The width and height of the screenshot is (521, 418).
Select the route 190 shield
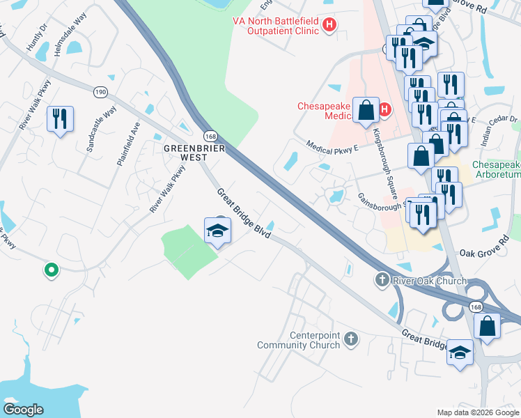coord(101,91)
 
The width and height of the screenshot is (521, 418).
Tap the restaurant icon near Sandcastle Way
coord(59,119)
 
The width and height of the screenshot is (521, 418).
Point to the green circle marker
coord(50,270)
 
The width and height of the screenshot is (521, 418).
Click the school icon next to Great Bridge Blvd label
coord(217,231)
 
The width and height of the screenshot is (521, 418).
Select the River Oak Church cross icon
coord(382,281)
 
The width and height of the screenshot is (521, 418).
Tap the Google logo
coord(24,409)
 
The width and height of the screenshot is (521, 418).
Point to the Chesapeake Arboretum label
coord(496,169)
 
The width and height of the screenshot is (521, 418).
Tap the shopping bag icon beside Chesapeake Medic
coord(365,111)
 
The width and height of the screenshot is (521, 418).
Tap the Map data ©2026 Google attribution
coord(478,412)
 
